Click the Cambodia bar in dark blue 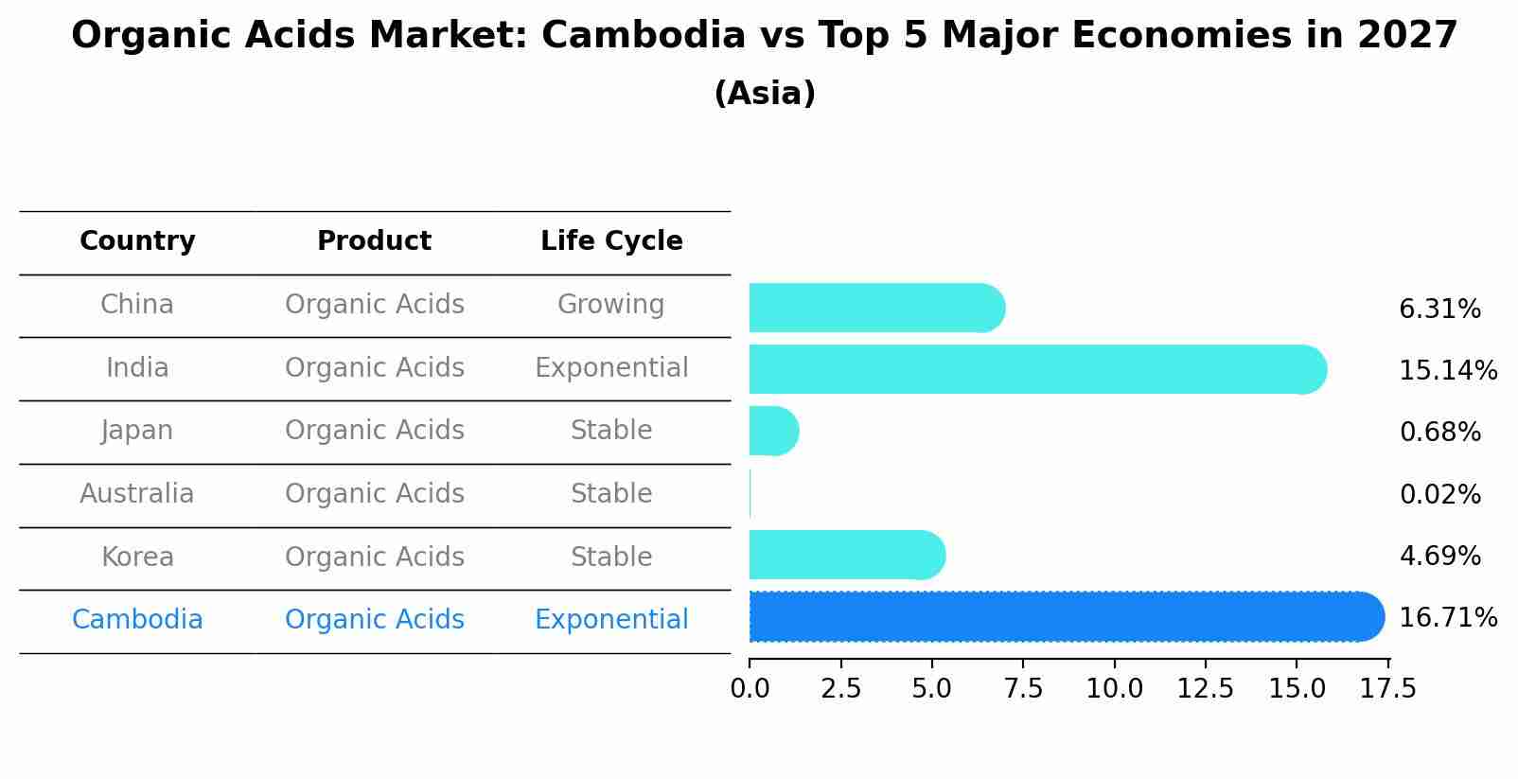click(x=1066, y=616)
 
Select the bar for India click(x=1037, y=369)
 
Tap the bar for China click(x=876, y=308)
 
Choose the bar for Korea click(x=846, y=555)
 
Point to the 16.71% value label click(x=1447, y=618)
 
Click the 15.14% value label click(x=1447, y=370)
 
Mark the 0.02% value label click(x=1439, y=494)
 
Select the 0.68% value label click(x=1439, y=433)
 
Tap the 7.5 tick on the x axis click(x=1023, y=688)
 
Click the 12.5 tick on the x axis click(x=1205, y=688)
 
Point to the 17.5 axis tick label click(x=1387, y=688)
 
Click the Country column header click(x=137, y=241)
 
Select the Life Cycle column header click(x=611, y=241)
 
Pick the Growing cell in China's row click(x=610, y=305)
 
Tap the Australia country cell click(x=137, y=494)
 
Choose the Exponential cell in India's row click(x=611, y=367)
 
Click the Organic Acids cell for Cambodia click(x=374, y=620)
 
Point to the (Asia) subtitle click(x=765, y=94)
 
